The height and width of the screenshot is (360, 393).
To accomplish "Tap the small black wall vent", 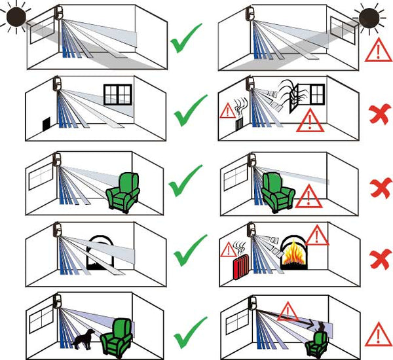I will coord(46,125).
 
